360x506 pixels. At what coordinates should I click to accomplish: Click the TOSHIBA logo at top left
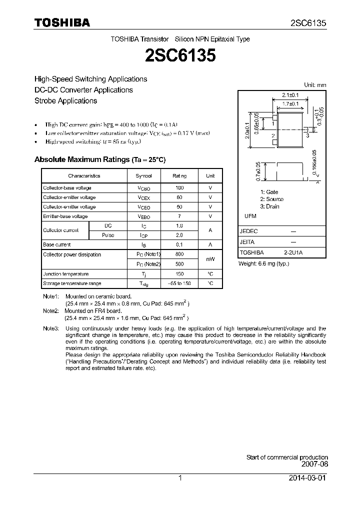[x=62, y=22]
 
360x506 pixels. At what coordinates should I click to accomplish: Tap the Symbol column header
[x=144, y=176]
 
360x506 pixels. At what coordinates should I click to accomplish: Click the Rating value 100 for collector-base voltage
[x=179, y=188]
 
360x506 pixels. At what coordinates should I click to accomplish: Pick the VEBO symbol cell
[x=144, y=216]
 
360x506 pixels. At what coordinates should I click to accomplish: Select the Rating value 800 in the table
[x=179, y=254]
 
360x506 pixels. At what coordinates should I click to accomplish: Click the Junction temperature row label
[x=65, y=274]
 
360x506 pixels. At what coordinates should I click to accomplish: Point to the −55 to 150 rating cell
[x=179, y=283]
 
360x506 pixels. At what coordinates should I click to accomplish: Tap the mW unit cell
[x=210, y=259]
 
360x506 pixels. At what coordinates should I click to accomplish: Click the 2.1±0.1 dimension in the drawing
[x=290, y=94]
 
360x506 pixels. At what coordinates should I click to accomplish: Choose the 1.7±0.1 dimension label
[x=290, y=103]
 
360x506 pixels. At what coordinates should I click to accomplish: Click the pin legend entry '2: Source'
[x=271, y=199]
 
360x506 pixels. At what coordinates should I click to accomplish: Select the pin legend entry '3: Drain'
[x=269, y=206]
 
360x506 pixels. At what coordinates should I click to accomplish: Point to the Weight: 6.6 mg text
[x=263, y=263]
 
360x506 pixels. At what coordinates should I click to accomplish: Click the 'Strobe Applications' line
[x=65, y=100]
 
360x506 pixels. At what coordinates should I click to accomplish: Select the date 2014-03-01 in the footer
[x=309, y=478]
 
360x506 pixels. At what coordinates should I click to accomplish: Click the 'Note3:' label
[x=50, y=328]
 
